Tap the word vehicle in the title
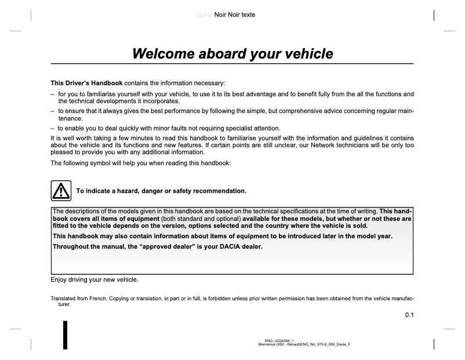[x=308, y=54]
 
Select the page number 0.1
[x=409, y=315]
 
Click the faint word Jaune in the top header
[x=204, y=14]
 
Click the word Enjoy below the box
[x=59, y=280]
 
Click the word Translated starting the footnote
[x=65, y=299]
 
